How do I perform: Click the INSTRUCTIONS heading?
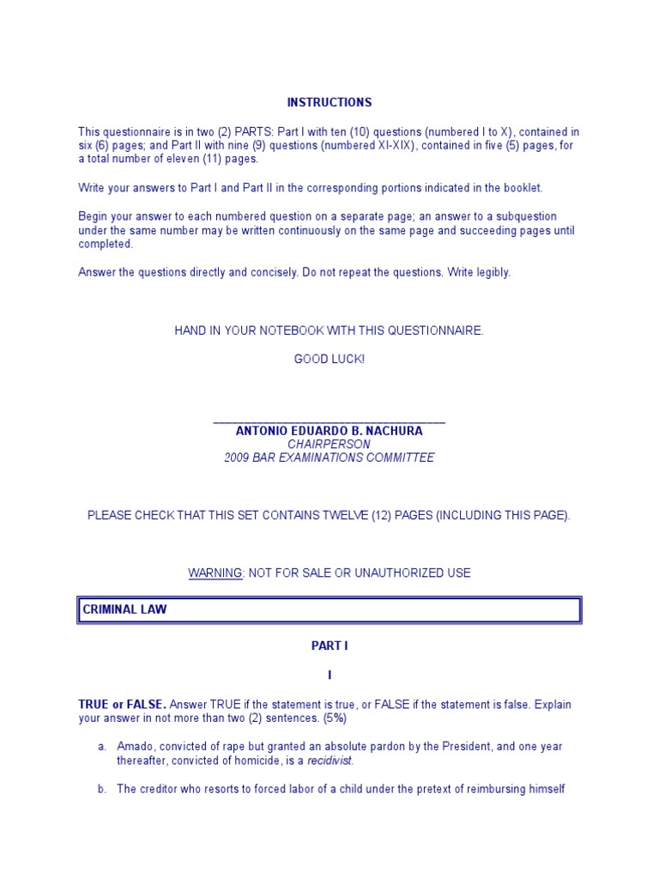pos(329,102)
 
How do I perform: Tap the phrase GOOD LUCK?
pos(329,359)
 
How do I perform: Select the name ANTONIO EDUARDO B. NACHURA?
pos(329,431)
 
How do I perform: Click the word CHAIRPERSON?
pos(329,445)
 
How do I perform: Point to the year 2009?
pos(237,458)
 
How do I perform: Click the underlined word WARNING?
pos(215,573)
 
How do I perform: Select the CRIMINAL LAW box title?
pos(124,609)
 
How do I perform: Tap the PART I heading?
pos(329,646)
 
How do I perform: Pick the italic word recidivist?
pos(330,761)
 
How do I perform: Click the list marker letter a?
pos(101,747)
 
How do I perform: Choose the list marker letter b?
pos(101,789)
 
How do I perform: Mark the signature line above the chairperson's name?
pos(329,421)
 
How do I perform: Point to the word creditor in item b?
pos(160,789)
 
